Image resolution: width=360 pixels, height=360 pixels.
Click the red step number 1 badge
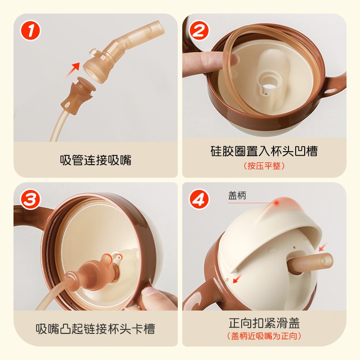tap(31, 31)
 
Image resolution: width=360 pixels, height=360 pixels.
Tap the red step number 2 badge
tap(199, 31)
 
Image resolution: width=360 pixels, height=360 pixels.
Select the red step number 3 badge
tap(31, 199)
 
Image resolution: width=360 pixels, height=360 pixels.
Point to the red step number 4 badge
tap(199, 199)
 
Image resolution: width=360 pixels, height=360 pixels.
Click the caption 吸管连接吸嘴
tap(95, 160)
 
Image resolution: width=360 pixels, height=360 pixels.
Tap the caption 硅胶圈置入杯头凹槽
tap(264, 151)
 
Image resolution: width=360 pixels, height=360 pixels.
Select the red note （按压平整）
tap(264, 166)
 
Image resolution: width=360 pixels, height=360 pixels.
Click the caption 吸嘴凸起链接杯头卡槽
tap(95, 329)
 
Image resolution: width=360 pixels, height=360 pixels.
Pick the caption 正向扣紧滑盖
tap(264, 323)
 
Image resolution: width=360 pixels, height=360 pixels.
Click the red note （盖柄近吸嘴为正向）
tap(264, 336)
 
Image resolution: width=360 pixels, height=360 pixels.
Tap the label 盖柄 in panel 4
tap(237, 196)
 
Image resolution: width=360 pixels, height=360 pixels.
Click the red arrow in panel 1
tap(73, 69)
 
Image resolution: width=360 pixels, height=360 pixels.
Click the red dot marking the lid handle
tap(277, 203)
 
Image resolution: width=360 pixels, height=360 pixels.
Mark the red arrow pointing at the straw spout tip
tap(323, 247)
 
